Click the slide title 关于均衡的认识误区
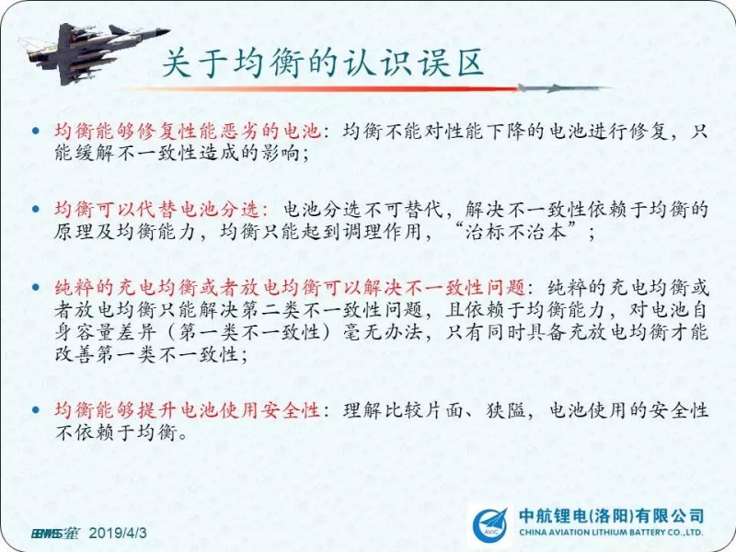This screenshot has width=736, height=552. [323, 63]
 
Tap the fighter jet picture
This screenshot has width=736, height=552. [94, 52]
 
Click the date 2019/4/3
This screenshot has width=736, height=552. [118, 534]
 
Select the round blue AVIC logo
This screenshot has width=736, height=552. [490, 525]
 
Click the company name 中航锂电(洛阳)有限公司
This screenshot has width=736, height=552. [611, 515]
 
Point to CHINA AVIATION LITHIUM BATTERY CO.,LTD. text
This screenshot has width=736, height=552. [611, 533]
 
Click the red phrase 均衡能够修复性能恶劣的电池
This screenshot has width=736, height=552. [188, 131]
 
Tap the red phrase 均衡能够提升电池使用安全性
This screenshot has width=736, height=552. [188, 410]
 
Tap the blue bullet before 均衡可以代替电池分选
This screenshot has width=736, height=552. [36, 210]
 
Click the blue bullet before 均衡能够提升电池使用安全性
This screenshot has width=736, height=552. [36, 410]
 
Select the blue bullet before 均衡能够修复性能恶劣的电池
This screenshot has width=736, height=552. [36, 132]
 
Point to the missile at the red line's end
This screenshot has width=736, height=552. [562, 87]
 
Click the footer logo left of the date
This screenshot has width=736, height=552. [55, 534]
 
